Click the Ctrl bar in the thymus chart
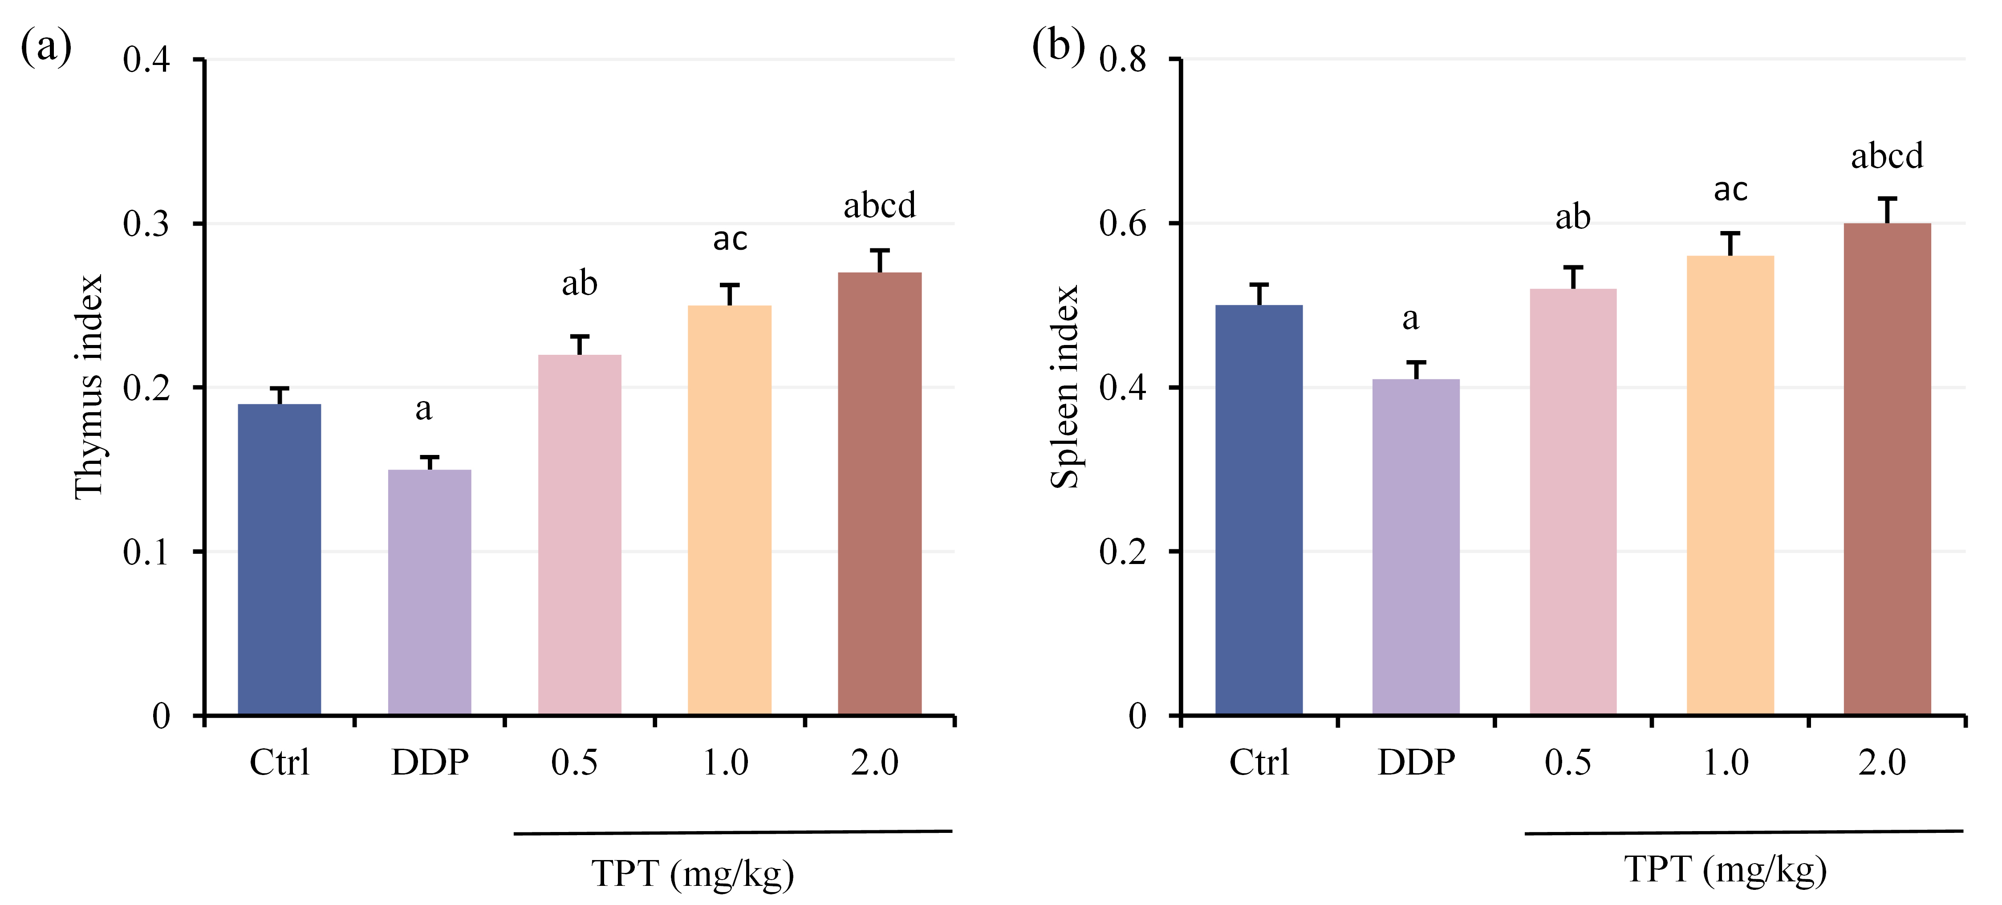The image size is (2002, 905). coord(279,559)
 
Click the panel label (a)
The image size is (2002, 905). coord(46,47)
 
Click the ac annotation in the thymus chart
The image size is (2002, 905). coord(730,239)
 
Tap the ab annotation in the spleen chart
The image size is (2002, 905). coord(1572,218)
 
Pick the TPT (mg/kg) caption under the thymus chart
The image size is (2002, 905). coord(692,873)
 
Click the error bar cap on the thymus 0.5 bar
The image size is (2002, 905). coord(580,337)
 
